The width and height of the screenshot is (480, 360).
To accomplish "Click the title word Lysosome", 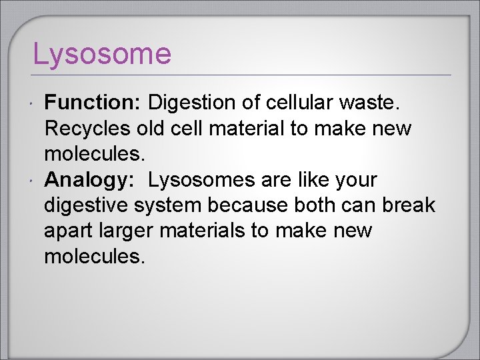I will pos(102,54).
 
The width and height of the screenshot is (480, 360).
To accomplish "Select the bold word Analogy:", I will pos(90,180).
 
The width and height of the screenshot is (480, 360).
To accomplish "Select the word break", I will pos(409,205).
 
